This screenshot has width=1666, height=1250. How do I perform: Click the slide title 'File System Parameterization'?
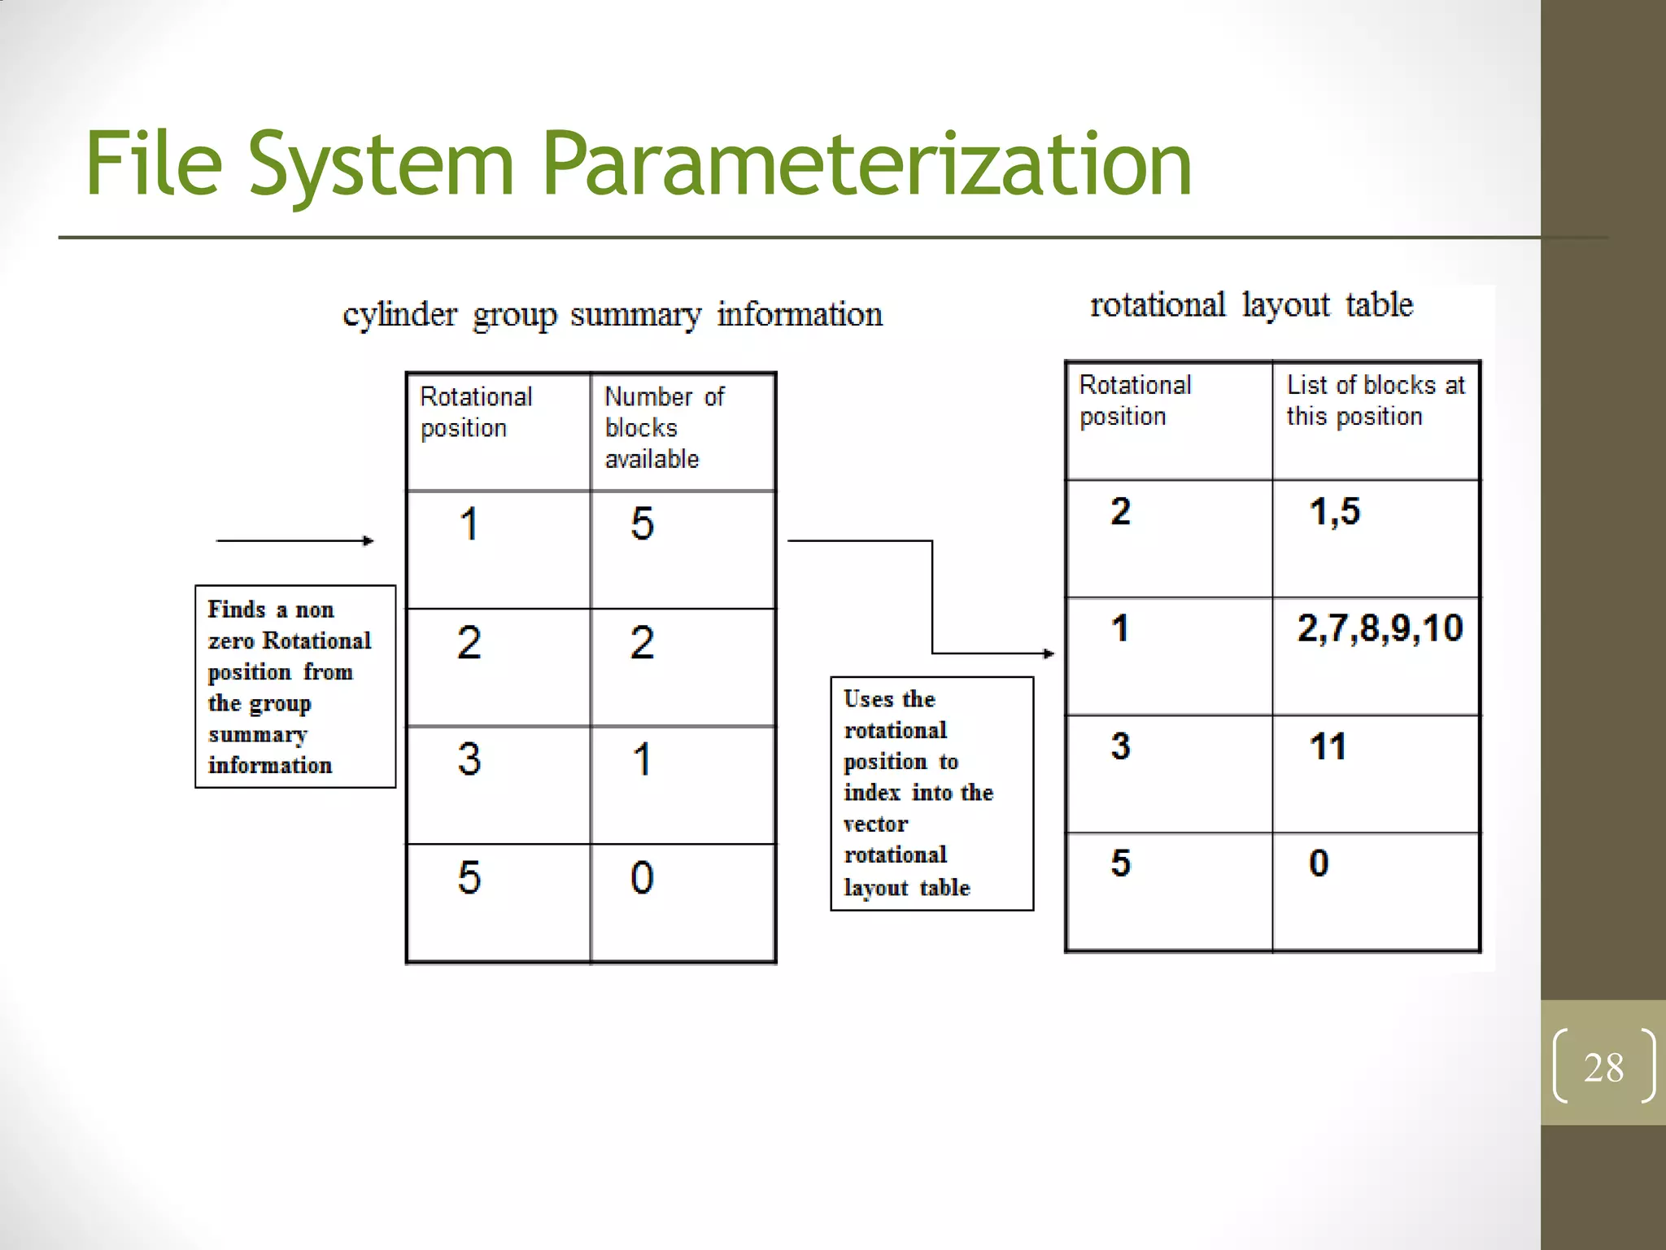click(x=639, y=164)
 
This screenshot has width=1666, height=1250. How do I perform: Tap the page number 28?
click(x=1603, y=1067)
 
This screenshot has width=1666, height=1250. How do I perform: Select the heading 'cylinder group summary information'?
click(x=613, y=315)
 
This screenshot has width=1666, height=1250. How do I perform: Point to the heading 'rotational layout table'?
click(x=1251, y=305)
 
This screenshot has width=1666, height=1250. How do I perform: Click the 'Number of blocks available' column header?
click(x=664, y=427)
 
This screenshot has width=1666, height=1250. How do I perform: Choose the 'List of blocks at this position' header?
click(x=1375, y=400)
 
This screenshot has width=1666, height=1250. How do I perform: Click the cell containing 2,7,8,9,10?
click(x=1380, y=628)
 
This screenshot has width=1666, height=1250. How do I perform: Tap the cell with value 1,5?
click(x=1334, y=512)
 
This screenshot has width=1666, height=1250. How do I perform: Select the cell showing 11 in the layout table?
click(x=1328, y=746)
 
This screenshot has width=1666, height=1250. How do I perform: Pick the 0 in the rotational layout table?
click(x=1319, y=863)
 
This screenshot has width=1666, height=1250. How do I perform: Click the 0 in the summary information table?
click(x=642, y=878)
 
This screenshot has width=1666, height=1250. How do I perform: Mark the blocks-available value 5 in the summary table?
click(x=642, y=523)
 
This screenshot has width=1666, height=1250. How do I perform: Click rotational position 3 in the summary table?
click(x=469, y=759)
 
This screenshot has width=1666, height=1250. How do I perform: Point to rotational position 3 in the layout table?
click(x=1120, y=746)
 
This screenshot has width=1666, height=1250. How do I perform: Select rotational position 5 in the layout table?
click(x=1120, y=863)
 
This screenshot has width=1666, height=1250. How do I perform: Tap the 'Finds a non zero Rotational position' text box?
click(x=294, y=687)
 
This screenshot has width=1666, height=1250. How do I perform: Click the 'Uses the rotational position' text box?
click(x=931, y=793)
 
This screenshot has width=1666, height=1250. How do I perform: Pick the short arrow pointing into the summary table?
click(x=294, y=540)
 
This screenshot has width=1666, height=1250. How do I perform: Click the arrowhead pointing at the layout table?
click(x=1049, y=653)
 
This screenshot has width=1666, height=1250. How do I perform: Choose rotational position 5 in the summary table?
click(x=469, y=878)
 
